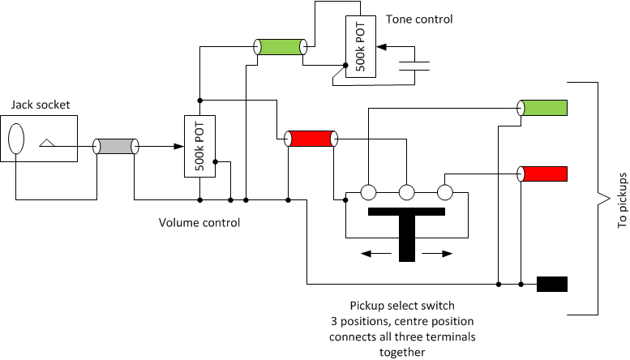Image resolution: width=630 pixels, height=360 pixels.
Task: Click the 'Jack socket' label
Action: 41,105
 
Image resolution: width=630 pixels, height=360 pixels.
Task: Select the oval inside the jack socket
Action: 16,139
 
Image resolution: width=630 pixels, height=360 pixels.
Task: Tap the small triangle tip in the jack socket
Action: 47,143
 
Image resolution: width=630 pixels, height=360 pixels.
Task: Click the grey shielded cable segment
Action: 116,146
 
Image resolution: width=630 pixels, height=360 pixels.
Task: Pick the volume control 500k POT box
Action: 199,146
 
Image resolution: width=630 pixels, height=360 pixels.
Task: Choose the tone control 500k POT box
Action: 360,46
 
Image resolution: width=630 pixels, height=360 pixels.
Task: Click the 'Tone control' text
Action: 419,19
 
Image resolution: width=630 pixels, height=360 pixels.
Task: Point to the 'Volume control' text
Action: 199,223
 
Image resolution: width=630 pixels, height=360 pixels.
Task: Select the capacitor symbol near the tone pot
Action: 414,66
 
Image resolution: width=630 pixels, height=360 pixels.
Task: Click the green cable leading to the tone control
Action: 281,47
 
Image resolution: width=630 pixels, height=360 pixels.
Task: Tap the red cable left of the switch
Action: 311,139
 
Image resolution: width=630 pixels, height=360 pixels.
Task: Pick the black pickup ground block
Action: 552,284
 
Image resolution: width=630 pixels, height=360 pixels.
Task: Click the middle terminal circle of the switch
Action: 406,192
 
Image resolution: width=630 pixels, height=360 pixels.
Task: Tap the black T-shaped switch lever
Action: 406,233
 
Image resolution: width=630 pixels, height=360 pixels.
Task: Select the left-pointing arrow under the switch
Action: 376,254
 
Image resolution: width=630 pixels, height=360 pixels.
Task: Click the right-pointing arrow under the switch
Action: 437,254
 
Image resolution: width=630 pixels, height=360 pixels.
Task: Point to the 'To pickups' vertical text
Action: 622,200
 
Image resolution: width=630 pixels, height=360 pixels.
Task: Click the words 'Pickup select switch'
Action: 402,306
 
